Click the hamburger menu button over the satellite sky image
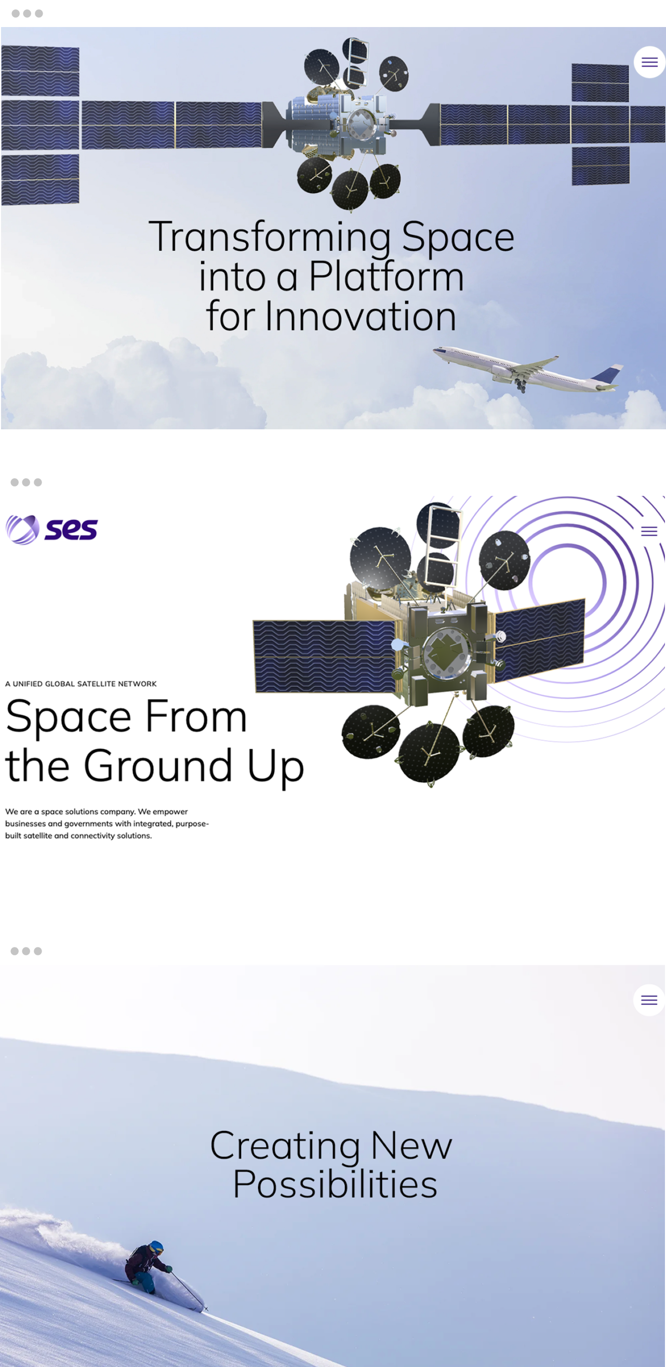coord(649,62)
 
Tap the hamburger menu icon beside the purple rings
coord(649,531)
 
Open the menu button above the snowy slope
coord(649,1000)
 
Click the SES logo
coord(51,529)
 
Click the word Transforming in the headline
coord(271,237)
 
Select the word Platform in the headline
coord(386,277)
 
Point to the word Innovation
coord(361,316)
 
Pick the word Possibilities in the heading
coord(335,1185)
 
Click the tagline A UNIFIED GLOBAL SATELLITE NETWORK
coord(81,683)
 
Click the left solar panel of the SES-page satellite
coord(325,656)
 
